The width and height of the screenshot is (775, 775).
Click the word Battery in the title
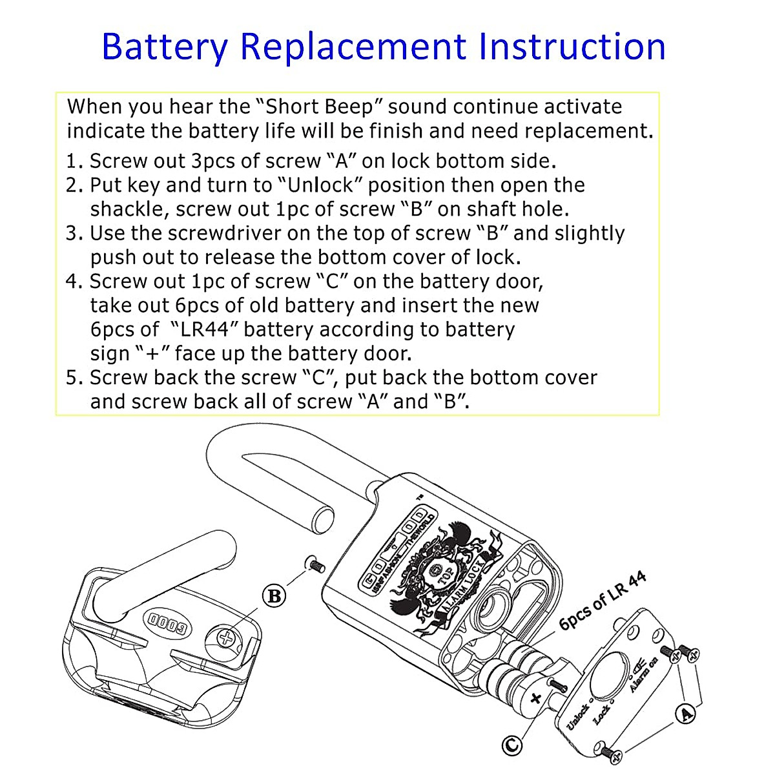(165, 46)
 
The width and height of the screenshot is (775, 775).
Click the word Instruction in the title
(572, 46)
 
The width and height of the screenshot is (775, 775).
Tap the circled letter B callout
(275, 595)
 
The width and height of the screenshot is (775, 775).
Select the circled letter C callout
(513, 746)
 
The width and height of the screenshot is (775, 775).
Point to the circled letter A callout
(685, 714)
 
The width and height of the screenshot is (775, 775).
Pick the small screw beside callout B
(316, 565)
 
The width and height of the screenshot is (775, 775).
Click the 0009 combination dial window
(167, 623)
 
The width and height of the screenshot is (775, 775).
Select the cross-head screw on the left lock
(225, 639)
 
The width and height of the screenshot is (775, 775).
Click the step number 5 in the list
(72, 378)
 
